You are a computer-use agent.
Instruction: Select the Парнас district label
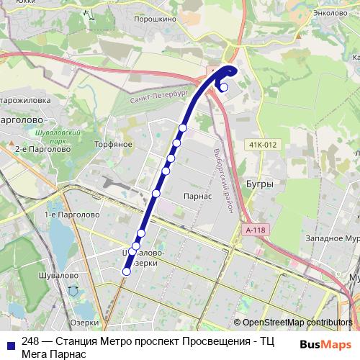coord(197,196)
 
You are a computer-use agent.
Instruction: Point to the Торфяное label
coord(114,144)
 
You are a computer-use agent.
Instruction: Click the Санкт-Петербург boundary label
coord(158,101)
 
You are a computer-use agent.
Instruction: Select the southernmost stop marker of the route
coord(127,271)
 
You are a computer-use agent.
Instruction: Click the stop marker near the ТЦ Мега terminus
coord(224,88)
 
